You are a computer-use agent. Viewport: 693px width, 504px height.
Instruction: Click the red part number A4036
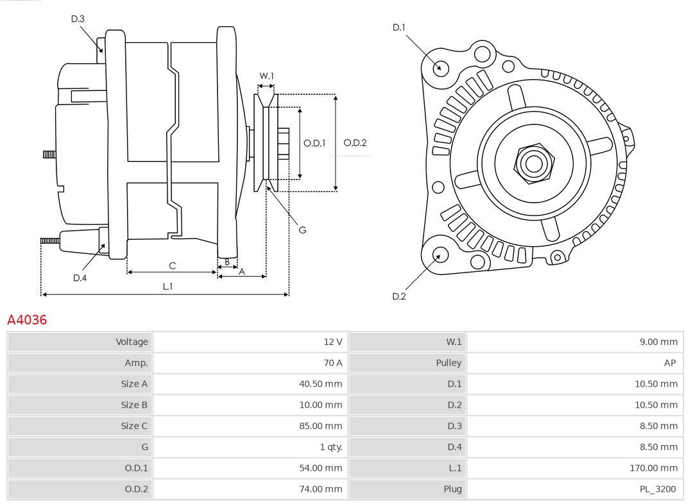point(27,319)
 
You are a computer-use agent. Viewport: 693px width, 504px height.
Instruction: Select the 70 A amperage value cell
point(332,363)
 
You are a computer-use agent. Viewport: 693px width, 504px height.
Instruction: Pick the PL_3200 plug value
point(658,489)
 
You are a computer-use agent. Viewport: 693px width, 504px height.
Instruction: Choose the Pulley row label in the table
point(449,363)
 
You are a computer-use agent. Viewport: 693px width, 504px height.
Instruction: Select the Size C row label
point(134,426)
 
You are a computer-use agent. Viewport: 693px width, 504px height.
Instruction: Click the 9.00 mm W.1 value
point(658,342)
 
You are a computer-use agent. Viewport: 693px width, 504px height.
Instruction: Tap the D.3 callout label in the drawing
point(78,19)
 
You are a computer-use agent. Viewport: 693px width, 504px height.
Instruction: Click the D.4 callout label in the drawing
point(80,278)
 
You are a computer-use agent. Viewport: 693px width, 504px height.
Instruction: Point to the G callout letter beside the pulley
point(302,230)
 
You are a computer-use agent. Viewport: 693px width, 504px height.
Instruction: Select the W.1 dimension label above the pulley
point(266,76)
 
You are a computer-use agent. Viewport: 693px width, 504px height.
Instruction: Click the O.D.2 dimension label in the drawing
point(355,143)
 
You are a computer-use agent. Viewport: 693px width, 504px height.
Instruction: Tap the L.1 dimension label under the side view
point(167,286)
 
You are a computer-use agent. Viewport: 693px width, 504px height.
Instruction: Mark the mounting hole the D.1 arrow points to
point(440,67)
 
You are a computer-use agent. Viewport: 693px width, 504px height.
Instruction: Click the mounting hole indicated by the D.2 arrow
point(440,255)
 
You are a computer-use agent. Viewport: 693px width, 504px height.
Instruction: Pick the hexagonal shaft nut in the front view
point(533,164)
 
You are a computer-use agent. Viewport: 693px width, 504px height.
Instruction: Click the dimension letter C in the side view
point(172,265)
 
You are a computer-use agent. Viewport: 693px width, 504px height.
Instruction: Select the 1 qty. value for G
point(330,447)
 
